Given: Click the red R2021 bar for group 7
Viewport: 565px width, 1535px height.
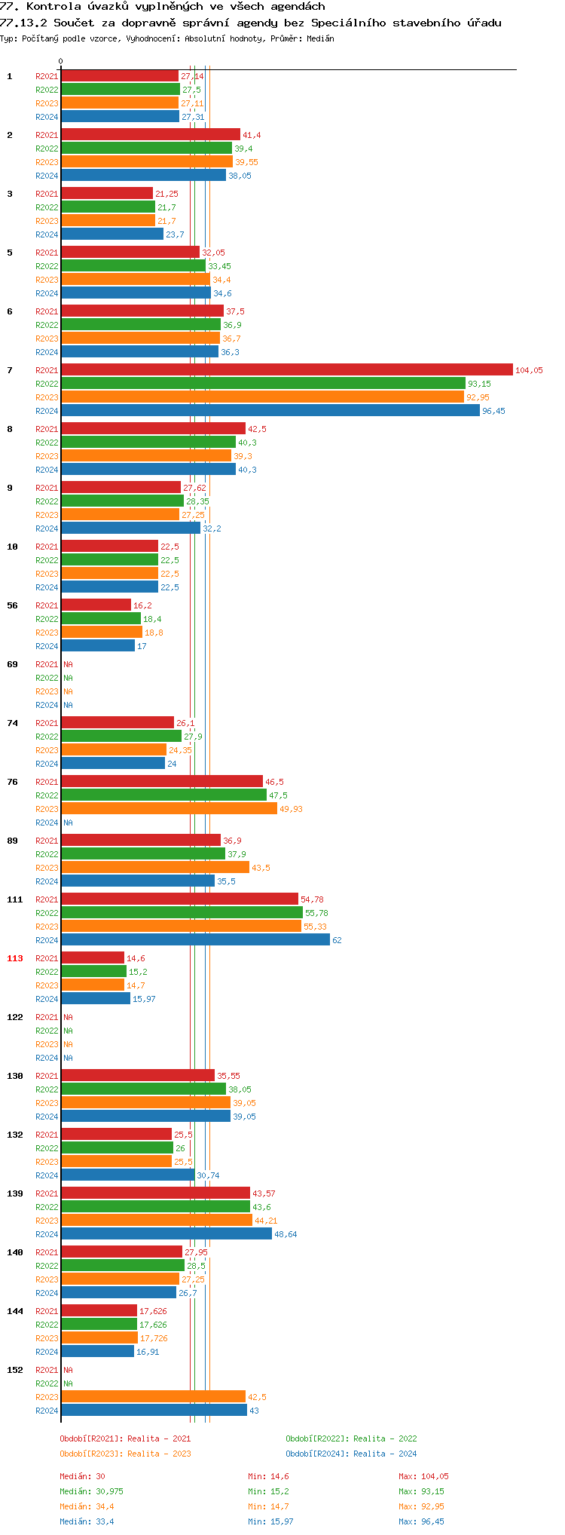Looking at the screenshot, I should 286,370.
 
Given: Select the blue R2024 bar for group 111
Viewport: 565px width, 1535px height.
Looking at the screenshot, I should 195,940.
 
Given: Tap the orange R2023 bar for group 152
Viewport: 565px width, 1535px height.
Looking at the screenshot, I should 153,1397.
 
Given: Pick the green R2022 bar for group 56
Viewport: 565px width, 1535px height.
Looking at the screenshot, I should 101,619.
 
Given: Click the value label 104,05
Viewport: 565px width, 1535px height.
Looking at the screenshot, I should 529,370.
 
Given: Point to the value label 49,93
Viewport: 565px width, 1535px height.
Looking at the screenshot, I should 292,809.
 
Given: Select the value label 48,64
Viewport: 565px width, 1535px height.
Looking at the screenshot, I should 286,1234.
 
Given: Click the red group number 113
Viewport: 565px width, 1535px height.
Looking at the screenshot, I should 15,958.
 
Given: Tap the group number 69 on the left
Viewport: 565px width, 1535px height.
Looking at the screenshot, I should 13,664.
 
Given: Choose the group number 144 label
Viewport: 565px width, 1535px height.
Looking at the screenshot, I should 15,1311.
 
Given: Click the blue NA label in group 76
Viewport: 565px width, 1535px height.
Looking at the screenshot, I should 68,823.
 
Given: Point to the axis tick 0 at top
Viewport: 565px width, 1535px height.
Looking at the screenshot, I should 61,62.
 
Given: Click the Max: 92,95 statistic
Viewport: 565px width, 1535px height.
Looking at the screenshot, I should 421,1506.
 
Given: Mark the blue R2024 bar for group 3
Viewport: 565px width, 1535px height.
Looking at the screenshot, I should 112,234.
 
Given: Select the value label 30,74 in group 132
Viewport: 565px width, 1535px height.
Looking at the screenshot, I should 208,1175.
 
